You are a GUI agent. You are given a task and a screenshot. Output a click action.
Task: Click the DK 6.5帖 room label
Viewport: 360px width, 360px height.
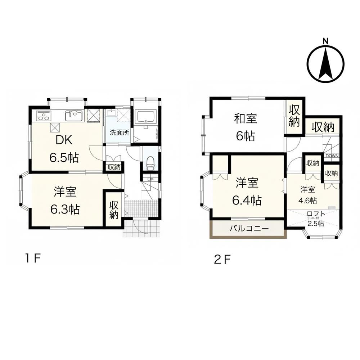(64, 149)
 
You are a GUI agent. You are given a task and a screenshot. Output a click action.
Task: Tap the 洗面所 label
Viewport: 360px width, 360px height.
(119, 132)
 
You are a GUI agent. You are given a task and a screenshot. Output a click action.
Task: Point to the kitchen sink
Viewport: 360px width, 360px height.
(74, 116)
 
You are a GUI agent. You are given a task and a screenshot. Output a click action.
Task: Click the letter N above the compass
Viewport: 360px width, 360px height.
(325, 41)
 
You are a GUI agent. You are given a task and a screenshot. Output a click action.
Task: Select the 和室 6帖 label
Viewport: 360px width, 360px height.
(246, 127)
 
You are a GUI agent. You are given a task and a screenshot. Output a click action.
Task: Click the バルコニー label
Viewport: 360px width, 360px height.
(249, 229)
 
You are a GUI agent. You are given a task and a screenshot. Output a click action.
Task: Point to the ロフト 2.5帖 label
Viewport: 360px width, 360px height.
(316, 219)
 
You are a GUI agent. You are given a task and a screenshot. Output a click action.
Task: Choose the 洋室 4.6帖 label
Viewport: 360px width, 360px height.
(308, 195)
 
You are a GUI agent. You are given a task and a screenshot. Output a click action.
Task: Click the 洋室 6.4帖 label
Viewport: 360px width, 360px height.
(247, 192)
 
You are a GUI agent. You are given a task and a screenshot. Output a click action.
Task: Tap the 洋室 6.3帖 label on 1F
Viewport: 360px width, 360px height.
(65, 201)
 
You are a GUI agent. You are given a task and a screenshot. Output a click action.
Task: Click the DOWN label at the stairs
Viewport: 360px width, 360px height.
(332, 156)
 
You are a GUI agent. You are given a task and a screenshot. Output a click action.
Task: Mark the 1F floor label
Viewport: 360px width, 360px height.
(33, 259)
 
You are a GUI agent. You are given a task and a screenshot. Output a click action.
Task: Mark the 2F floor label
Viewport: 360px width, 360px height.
(222, 260)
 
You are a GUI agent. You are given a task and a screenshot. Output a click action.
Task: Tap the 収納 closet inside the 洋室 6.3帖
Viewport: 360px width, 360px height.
(114, 210)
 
